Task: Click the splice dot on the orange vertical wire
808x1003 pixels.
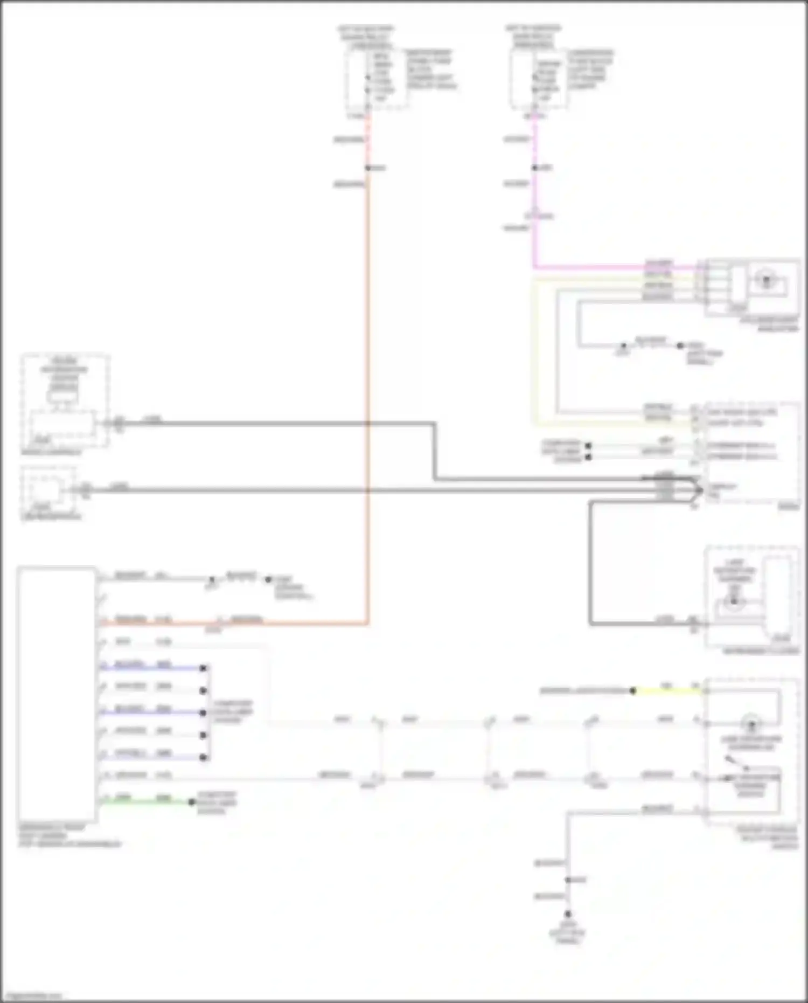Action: click(x=368, y=168)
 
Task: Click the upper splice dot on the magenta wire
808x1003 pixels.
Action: click(x=535, y=168)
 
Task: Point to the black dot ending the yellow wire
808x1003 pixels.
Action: click(x=633, y=691)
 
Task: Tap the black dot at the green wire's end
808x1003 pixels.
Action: click(x=192, y=802)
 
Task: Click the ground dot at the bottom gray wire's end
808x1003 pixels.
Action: click(x=568, y=914)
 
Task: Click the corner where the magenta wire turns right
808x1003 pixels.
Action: click(x=534, y=267)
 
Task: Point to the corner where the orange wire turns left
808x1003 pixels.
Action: click(x=368, y=624)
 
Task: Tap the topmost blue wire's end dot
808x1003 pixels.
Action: click(x=203, y=668)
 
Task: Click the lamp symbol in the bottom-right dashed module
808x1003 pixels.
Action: click(x=751, y=723)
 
